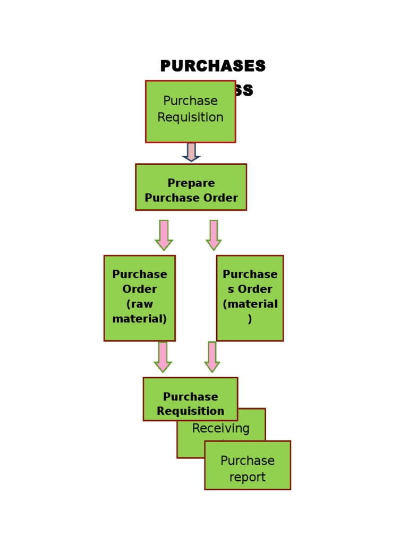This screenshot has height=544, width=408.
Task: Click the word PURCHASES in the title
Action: (x=212, y=66)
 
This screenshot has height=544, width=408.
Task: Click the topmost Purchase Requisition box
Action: (x=190, y=112)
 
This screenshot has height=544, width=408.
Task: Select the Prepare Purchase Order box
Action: (x=191, y=187)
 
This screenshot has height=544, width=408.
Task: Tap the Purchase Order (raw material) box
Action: (x=139, y=297)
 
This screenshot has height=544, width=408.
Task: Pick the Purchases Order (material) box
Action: (x=250, y=297)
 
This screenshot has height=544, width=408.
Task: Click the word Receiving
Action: (x=220, y=428)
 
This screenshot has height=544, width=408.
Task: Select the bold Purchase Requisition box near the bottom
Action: (x=190, y=399)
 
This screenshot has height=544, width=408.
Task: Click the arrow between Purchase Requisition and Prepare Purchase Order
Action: (x=191, y=152)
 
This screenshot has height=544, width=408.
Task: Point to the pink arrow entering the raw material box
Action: (x=164, y=235)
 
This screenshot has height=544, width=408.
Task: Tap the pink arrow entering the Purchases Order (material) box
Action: (x=214, y=235)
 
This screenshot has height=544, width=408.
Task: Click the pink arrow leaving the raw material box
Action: (x=163, y=356)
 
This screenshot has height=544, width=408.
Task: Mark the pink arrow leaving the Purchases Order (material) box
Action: (x=212, y=356)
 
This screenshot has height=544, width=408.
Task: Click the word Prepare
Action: (x=191, y=183)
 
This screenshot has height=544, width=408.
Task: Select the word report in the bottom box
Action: (x=248, y=477)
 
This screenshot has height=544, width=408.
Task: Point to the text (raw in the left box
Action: (x=139, y=304)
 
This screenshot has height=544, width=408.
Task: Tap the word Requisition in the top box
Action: (x=190, y=117)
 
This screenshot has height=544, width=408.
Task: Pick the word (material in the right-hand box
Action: (x=250, y=304)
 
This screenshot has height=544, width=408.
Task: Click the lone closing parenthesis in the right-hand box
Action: (x=250, y=319)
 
